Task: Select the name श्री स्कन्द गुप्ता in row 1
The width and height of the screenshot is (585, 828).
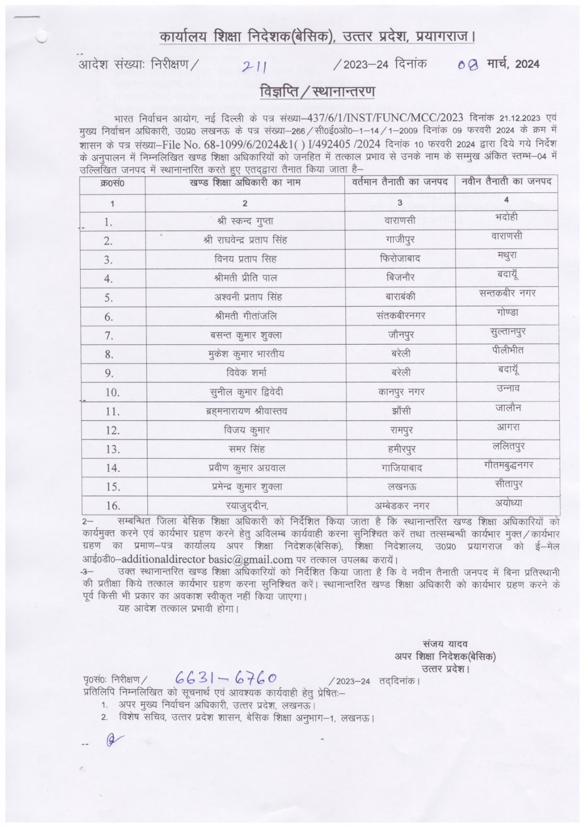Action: coord(245,221)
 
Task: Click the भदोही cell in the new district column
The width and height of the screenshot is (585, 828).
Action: coord(506,217)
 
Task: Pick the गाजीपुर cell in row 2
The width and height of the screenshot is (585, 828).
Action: coord(400,240)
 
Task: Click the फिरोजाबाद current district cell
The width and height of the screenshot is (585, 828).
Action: coord(400,259)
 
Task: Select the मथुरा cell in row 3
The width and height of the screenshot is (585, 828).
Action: coord(506,255)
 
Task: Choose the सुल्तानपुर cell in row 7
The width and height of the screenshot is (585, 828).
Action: coord(506,331)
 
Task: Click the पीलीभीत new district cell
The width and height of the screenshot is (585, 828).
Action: coord(506,350)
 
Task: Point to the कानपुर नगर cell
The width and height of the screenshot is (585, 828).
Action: coord(400,392)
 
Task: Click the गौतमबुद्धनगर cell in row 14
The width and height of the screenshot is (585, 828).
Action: coord(506,464)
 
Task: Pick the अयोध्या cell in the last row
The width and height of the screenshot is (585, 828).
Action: coord(506,502)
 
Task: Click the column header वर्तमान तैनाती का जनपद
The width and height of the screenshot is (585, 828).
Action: coord(400,182)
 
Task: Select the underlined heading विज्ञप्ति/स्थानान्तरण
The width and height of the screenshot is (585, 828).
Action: coord(318,92)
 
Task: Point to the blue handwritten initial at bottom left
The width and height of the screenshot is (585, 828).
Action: coord(110,741)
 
